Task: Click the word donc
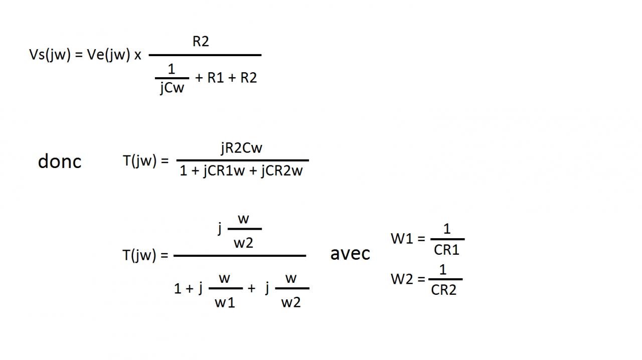(x=60, y=161)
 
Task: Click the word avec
(x=350, y=254)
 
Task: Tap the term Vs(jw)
(x=50, y=55)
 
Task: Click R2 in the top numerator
(x=201, y=42)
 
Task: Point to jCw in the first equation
(x=172, y=88)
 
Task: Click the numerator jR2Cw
(x=241, y=148)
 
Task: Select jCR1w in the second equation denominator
(x=224, y=171)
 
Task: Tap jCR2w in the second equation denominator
(x=282, y=171)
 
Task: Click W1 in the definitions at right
(x=401, y=239)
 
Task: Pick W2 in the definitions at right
(x=402, y=279)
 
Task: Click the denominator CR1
(x=446, y=250)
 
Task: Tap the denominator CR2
(x=443, y=290)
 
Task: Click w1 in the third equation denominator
(x=225, y=302)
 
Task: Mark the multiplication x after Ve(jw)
(x=137, y=56)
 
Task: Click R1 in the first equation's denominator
(x=215, y=78)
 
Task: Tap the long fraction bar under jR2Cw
(x=242, y=160)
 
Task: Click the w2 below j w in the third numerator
(x=244, y=243)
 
